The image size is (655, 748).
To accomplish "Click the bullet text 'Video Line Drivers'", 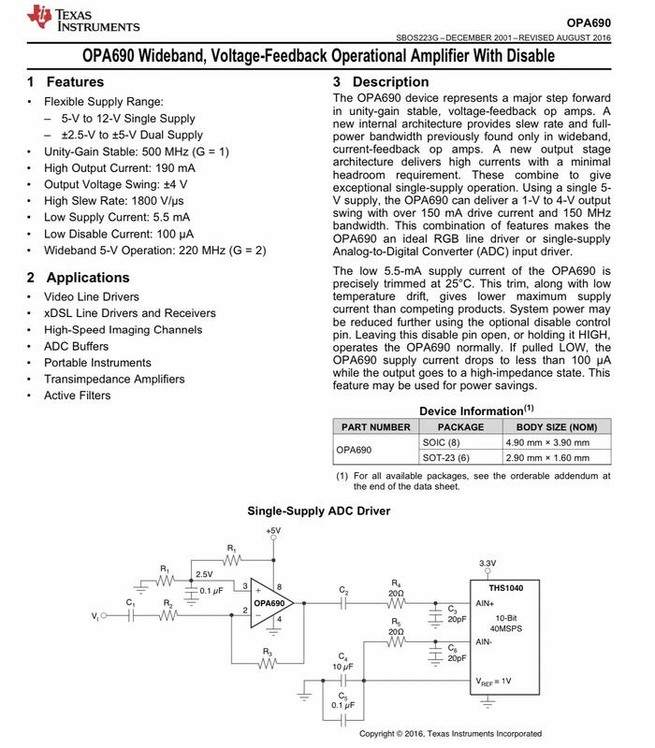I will click(x=91, y=297).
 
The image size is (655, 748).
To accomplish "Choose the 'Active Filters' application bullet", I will click(x=77, y=396).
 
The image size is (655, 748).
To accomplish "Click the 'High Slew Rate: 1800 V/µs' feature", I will click(x=115, y=201).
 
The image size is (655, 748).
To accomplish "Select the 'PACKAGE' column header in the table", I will click(x=460, y=426).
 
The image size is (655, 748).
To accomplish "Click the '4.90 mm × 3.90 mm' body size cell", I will click(x=556, y=441).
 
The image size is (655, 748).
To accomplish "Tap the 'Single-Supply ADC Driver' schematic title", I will click(x=318, y=511).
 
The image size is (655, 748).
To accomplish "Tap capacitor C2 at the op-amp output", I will click(x=343, y=602).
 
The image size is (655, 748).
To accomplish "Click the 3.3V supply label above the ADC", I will click(x=487, y=563).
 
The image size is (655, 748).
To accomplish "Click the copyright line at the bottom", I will click(x=450, y=734).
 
